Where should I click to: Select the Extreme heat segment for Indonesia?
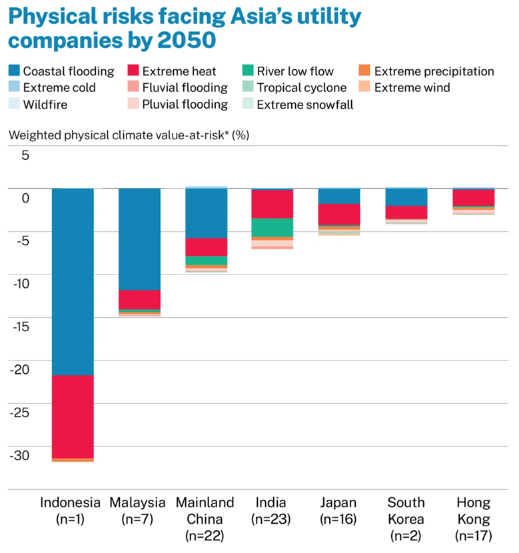tap(73, 416)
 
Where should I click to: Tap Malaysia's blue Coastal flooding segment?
tap(139, 239)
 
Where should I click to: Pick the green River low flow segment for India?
tap(272, 227)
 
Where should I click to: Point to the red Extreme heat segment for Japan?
tap(339, 215)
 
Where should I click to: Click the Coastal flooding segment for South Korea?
tap(406, 197)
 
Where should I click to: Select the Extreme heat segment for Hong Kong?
tap(472, 198)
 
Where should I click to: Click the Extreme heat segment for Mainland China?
tap(206, 247)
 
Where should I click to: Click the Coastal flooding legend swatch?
tap(13, 71)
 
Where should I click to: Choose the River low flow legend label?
tap(295, 71)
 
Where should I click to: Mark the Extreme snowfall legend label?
tap(305, 104)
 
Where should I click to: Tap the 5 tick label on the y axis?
tap(25, 155)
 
